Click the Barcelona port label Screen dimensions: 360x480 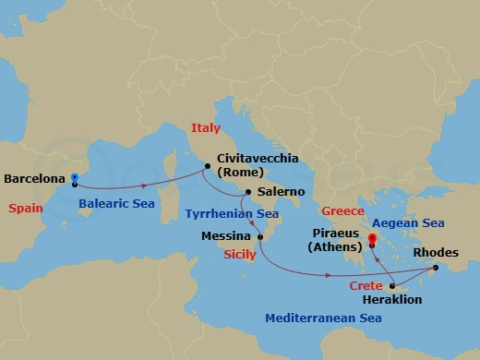coord(35,177)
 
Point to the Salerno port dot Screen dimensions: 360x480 coord(247,193)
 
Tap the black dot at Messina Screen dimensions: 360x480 coord(260,237)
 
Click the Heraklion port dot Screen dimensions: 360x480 coord(392,285)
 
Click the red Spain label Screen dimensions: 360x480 coord(26,208)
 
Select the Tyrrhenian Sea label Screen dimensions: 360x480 coord(232,213)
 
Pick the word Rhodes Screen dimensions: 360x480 coord(435,252)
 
